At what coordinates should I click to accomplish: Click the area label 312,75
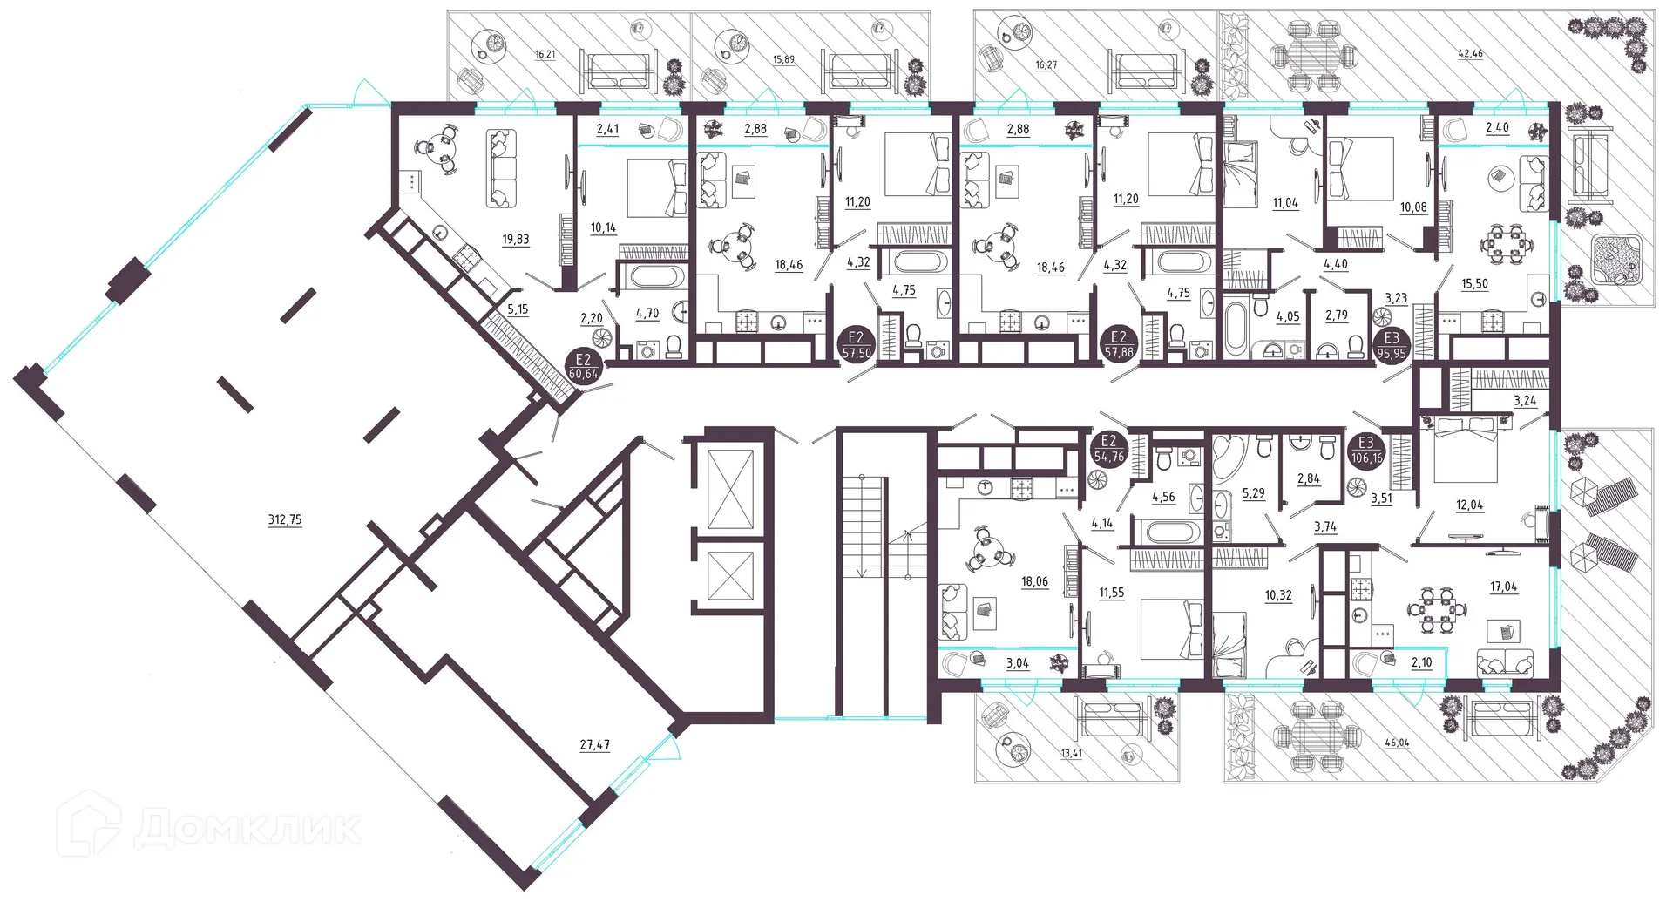click(285, 519)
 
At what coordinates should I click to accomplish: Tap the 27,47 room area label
click(595, 745)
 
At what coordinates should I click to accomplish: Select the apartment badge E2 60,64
click(583, 367)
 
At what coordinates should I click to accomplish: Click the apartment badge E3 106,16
click(1366, 451)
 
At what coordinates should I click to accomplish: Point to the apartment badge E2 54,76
click(1108, 449)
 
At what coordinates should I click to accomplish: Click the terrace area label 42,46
click(1470, 54)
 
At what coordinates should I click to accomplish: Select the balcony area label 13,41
click(1071, 753)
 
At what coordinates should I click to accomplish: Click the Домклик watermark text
click(248, 829)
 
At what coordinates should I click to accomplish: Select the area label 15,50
click(1474, 284)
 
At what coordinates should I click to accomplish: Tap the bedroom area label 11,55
click(1111, 593)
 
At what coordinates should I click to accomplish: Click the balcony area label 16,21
click(545, 54)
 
